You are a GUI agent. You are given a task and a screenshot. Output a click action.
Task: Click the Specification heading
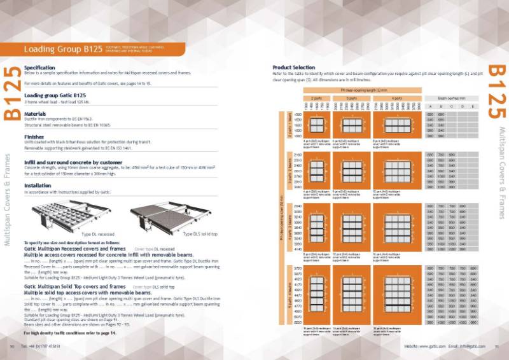(39, 67)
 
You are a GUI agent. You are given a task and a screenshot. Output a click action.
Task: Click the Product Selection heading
(293, 67)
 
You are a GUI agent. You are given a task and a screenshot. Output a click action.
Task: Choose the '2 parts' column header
(316, 98)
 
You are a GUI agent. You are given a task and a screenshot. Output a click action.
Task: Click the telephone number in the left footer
(42, 346)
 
